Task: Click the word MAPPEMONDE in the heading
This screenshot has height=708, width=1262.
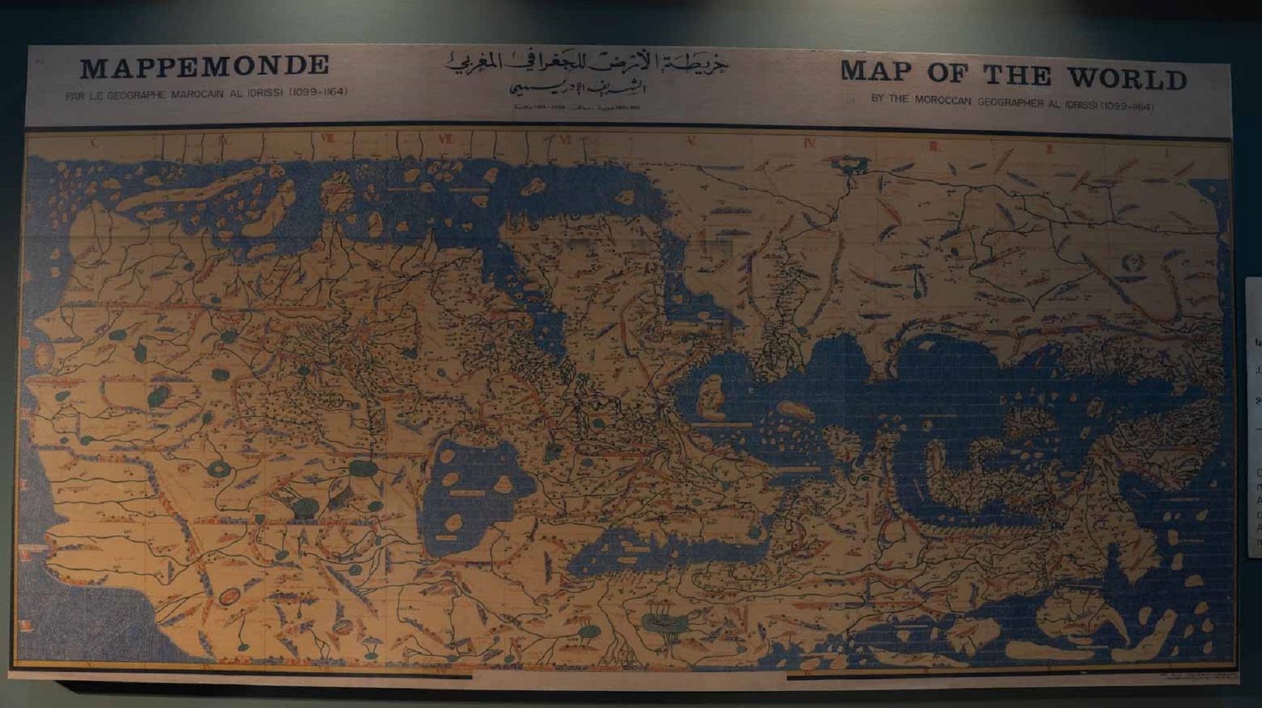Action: pos(204,66)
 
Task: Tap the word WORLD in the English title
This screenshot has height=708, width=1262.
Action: pos(1127,78)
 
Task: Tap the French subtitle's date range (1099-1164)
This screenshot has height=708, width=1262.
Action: pos(318,91)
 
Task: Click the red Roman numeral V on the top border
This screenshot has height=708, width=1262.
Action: pos(691,141)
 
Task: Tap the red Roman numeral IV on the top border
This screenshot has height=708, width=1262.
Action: pos(809,143)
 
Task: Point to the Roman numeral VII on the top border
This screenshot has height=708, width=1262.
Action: pos(445,139)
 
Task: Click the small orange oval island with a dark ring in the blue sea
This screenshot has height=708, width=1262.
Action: pos(229,597)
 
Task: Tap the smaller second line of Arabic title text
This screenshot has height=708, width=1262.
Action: pos(578,87)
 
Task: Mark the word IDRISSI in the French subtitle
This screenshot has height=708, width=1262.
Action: pos(264,93)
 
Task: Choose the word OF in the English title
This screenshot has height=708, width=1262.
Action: pos(947,74)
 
